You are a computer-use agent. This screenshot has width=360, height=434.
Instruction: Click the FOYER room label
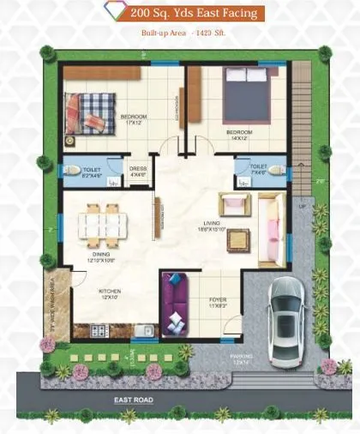click(218, 301)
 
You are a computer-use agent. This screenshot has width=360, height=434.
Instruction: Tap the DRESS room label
click(137, 171)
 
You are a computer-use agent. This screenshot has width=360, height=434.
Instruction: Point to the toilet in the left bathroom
click(73, 170)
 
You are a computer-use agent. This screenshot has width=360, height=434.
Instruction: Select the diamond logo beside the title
click(111, 13)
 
